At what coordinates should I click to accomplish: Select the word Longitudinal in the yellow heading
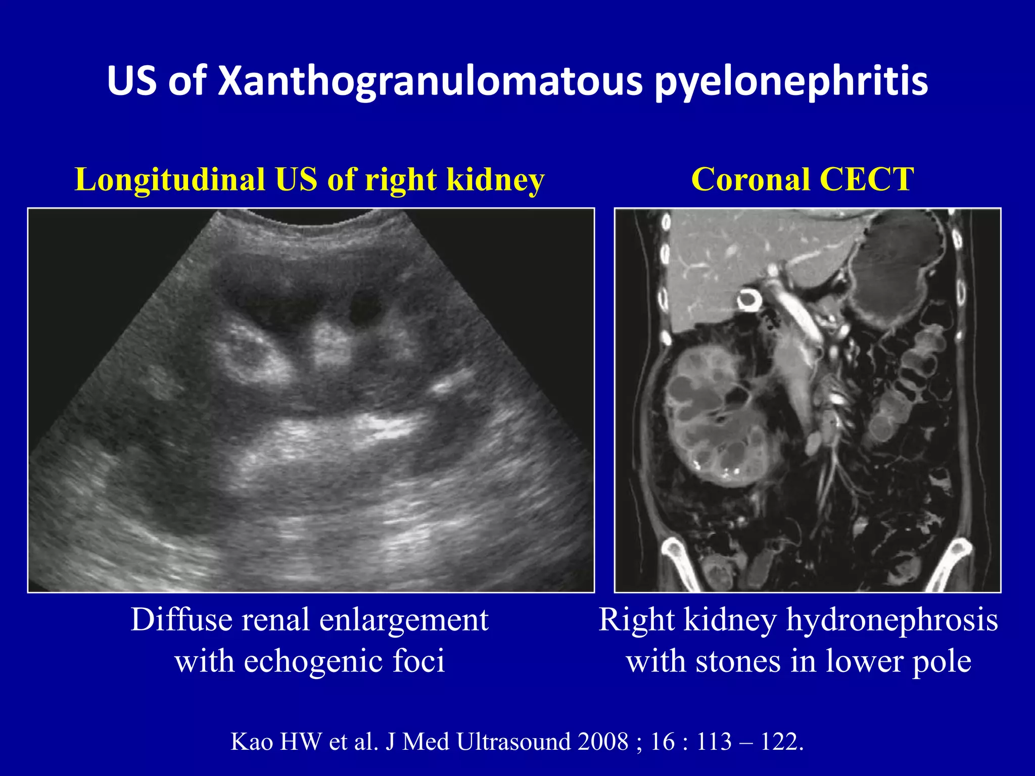pos(170,180)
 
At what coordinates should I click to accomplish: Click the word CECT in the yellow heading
pos(866,179)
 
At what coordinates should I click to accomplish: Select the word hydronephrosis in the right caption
pos(892,620)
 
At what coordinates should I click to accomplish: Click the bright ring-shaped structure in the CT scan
pos(748,300)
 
